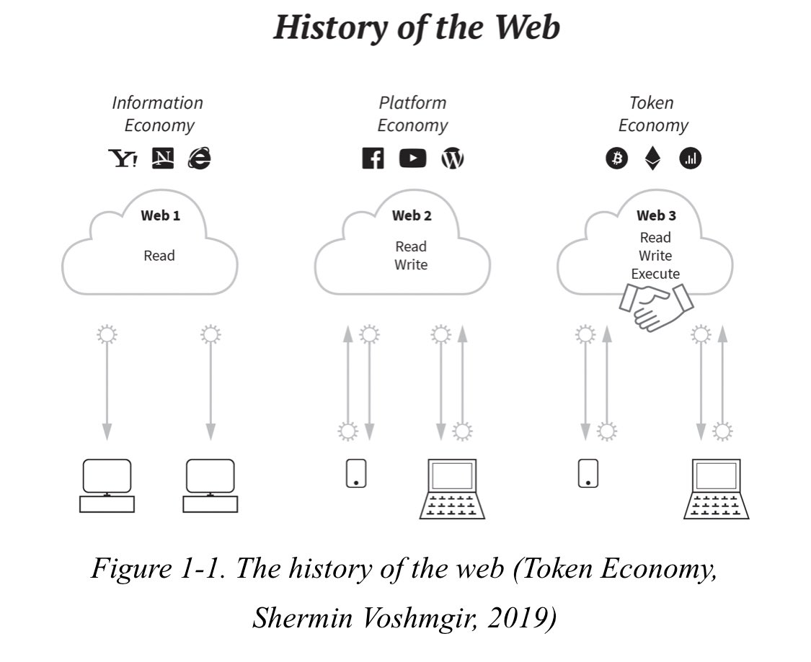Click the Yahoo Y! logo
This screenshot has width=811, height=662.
coord(123,158)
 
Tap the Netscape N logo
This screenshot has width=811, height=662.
coord(163,158)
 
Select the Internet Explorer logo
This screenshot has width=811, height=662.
coord(199,158)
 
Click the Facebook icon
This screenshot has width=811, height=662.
coord(373,158)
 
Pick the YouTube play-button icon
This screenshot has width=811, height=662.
coord(412,158)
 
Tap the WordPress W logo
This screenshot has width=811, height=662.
coord(452,158)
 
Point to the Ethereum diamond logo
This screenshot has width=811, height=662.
coord(652,158)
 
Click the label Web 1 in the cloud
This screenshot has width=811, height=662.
coord(160,215)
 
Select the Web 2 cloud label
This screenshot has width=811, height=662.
coord(412,215)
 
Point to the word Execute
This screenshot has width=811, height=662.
coord(655,274)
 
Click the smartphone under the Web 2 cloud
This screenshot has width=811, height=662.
coord(356,473)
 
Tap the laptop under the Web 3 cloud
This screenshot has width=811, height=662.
coord(716,489)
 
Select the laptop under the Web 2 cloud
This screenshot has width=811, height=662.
coord(452,489)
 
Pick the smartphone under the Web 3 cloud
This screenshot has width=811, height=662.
coord(588,473)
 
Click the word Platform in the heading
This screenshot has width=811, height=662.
coord(412,103)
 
